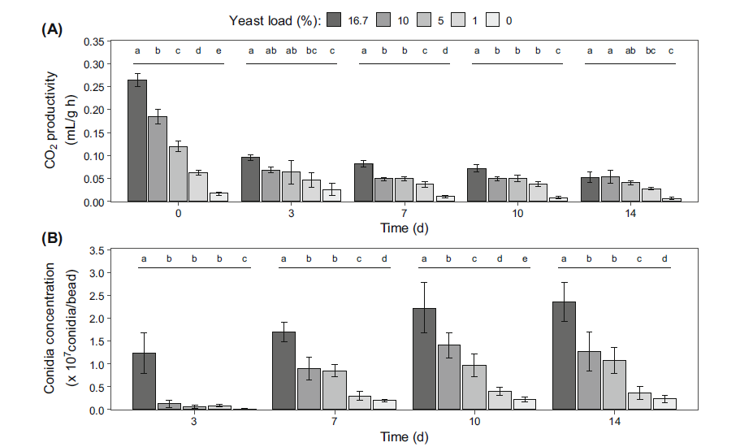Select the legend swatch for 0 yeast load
(x=492, y=19)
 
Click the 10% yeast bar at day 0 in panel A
(x=158, y=158)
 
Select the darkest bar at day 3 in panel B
(x=144, y=381)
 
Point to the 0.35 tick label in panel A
(x=94, y=41)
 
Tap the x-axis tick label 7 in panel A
(x=404, y=213)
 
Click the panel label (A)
(x=51, y=29)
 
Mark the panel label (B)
(x=51, y=239)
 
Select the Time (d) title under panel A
(x=404, y=228)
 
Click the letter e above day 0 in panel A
(x=219, y=51)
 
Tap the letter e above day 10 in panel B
(x=524, y=259)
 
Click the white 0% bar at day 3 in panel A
(x=331, y=195)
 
